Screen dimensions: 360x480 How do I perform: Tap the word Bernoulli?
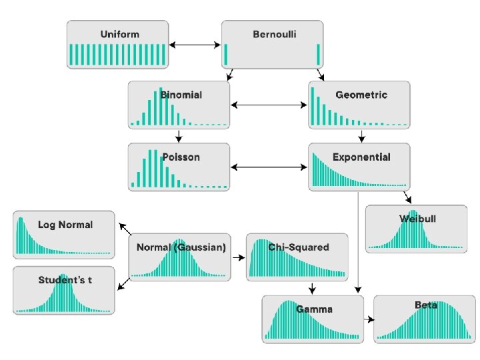(x=275, y=34)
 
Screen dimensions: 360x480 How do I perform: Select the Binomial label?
(x=179, y=95)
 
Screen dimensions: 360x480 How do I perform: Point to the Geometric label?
(x=361, y=95)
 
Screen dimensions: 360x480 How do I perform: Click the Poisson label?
(x=181, y=157)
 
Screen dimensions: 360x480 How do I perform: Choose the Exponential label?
(x=361, y=157)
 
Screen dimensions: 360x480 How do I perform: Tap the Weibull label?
(x=418, y=218)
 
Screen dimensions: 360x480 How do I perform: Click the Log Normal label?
(x=65, y=225)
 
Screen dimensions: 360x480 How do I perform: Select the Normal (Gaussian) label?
(x=181, y=247)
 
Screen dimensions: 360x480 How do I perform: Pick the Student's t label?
(x=65, y=279)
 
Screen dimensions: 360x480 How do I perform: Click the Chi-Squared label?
(x=299, y=247)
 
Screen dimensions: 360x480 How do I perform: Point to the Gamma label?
(x=314, y=309)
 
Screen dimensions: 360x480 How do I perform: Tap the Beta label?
(x=426, y=305)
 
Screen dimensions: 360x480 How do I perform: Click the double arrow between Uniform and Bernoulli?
(x=195, y=45)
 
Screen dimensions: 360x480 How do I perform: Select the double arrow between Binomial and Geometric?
(x=269, y=105)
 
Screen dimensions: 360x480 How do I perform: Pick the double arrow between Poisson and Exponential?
(x=269, y=167)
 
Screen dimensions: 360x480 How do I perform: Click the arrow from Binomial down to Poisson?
(x=179, y=135)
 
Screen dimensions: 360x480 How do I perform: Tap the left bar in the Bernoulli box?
(x=226, y=55)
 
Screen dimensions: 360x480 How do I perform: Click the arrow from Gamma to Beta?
(x=369, y=319)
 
